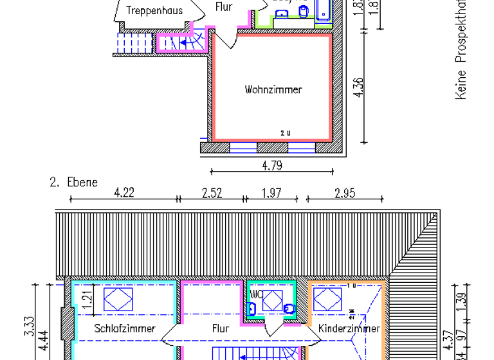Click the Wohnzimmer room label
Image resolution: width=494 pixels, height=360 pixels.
[x=273, y=89]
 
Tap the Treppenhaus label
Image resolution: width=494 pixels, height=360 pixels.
[x=154, y=10]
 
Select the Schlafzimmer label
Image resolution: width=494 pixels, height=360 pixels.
[x=125, y=328]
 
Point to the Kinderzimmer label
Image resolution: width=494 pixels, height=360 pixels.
[x=349, y=328]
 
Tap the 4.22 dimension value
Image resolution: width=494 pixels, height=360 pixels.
[x=123, y=192]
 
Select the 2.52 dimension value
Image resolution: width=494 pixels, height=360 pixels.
[x=212, y=192]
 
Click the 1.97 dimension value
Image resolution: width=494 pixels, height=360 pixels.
[x=271, y=192]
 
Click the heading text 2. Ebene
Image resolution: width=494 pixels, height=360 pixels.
[x=74, y=182]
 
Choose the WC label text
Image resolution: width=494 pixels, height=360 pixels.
[x=255, y=294]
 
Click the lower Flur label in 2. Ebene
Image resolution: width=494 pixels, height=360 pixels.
[x=221, y=328]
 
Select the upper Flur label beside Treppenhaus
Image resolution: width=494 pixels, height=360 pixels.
[x=223, y=7]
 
